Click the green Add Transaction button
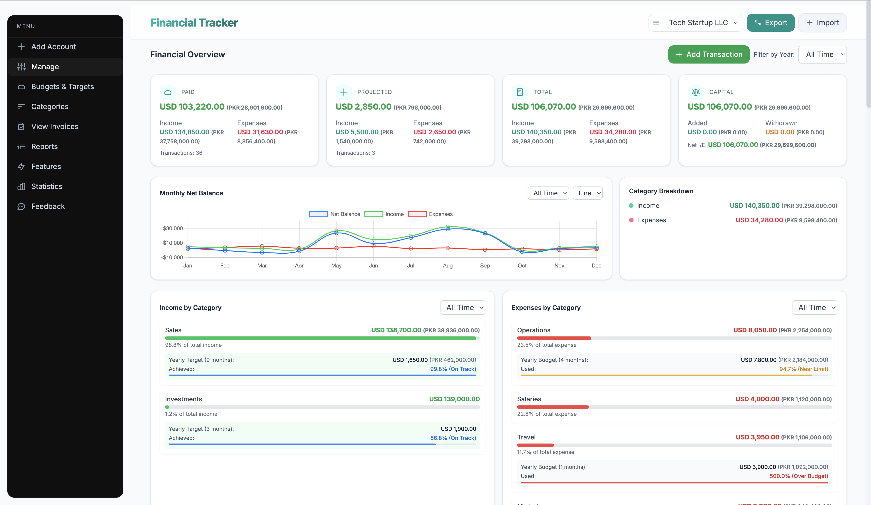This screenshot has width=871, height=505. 709,54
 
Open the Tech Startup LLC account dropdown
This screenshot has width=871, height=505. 695,23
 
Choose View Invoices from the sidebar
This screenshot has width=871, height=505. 55,127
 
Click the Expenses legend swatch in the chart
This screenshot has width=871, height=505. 417,214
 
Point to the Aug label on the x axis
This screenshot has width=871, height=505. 448,265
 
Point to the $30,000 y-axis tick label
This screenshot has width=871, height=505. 173,228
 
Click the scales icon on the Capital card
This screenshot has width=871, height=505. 695,92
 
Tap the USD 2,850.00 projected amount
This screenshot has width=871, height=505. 363,107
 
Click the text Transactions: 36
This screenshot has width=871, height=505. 181,153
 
